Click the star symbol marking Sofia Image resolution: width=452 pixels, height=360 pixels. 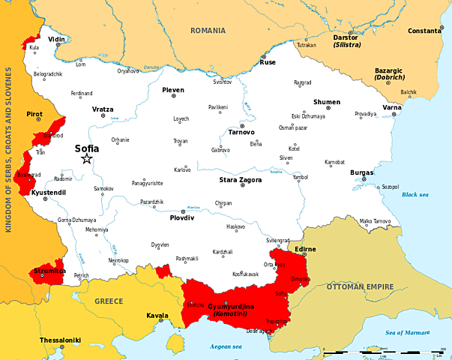pos(86,159)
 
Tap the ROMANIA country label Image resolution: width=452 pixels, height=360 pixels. pos(208,31)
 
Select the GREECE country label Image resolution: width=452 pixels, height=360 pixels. pos(109,301)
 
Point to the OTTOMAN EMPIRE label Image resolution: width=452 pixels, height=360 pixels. pos(360,286)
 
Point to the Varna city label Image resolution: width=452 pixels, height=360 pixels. pos(392,107)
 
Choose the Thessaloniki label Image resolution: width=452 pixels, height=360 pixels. pos(59,340)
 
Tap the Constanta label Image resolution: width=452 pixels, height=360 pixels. pos(424,31)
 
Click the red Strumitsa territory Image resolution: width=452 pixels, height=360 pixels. pos(46,273)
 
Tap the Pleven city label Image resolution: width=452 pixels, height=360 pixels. pos(172,89)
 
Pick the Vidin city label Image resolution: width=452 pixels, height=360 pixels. pos(56,37)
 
